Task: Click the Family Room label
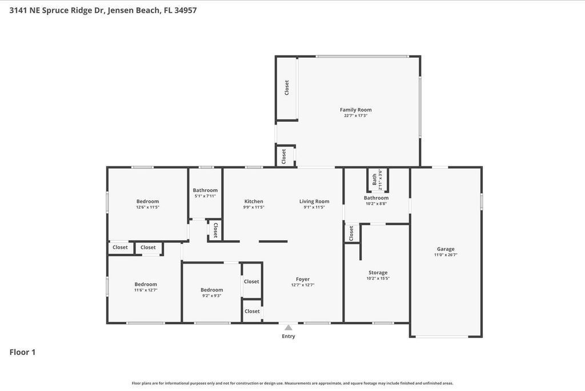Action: tap(355, 110)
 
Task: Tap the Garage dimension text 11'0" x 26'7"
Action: tap(446, 255)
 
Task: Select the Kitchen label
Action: tap(254, 201)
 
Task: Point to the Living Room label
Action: tap(314, 201)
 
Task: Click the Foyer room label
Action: tap(303, 279)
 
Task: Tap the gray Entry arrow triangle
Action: tap(289, 328)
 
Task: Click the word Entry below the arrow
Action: tap(289, 336)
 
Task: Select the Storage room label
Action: tap(378, 273)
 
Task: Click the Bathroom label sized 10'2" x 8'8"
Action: tap(376, 198)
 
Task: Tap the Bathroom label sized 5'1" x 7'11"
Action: tap(205, 190)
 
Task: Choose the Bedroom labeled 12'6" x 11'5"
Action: tap(147, 201)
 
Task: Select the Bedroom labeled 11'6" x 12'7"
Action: tap(146, 284)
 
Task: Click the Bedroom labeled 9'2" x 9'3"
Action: tap(211, 290)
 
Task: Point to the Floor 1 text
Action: tap(22, 352)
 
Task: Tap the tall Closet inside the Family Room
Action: tap(287, 87)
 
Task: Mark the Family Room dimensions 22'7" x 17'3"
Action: tap(355, 115)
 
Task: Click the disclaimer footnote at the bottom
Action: tap(292, 384)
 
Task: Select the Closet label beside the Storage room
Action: tap(351, 233)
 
